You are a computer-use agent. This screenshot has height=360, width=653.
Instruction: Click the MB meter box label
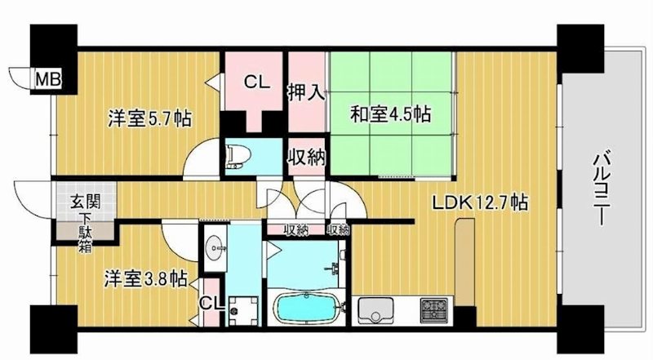44,79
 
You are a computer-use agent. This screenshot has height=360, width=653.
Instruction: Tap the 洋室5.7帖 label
151,119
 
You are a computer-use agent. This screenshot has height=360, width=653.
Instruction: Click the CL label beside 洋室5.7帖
255,82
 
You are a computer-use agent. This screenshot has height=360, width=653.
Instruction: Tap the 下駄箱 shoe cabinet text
84,231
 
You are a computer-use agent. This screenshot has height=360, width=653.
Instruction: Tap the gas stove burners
433,312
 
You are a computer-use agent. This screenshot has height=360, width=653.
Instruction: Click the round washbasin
215,247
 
